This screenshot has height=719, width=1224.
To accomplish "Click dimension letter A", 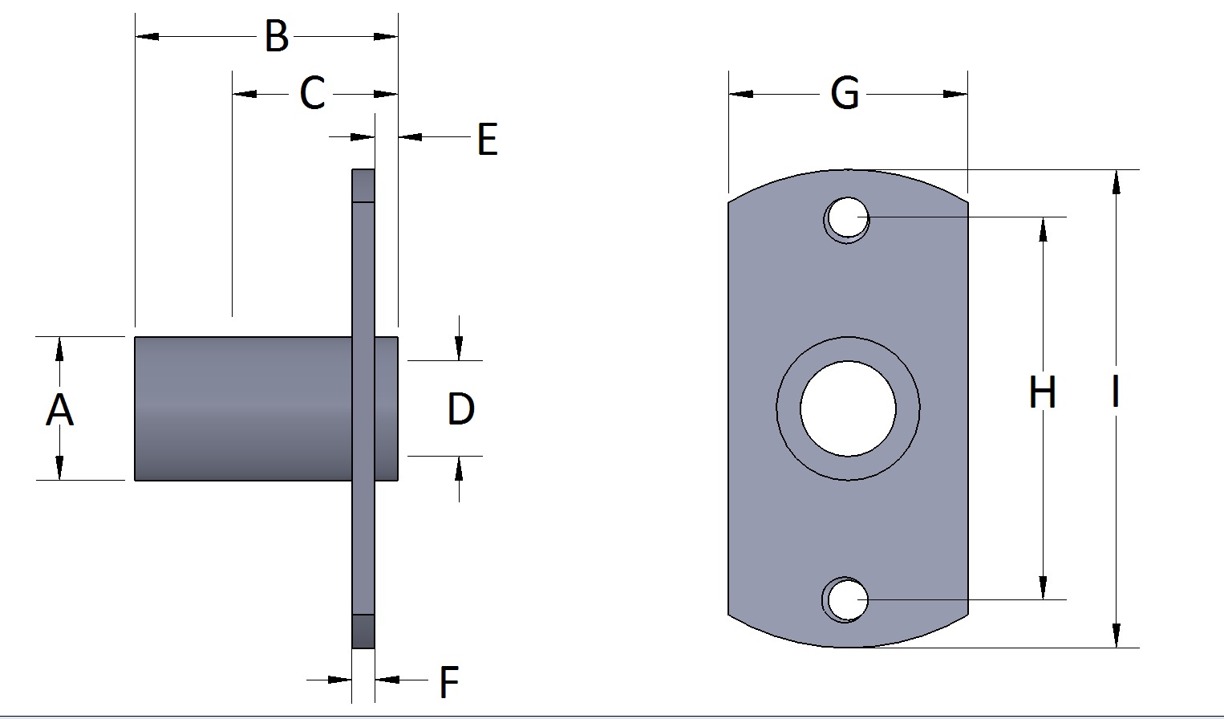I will pyautogui.click(x=59, y=410).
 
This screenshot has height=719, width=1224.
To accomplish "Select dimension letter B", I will pyautogui.click(x=277, y=37).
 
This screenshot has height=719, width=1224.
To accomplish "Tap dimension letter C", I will pyautogui.click(x=312, y=94).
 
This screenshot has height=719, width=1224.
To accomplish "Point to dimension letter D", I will pyautogui.click(x=460, y=409).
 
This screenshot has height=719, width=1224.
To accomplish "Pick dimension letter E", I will pyautogui.click(x=487, y=140).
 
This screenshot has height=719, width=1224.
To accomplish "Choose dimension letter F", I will pyautogui.click(x=448, y=683).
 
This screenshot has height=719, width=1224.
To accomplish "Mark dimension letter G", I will pyautogui.click(x=845, y=94).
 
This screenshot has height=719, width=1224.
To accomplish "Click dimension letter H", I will pyautogui.click(x=1042, y=393).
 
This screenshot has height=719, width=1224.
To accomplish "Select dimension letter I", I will pyautogui.click(x=1115, y=393).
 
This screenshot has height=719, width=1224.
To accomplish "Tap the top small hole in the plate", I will pyautogui.click(x=846, y=217).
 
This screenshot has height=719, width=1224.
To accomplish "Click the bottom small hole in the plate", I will pyautogui.click(x=846, y=599).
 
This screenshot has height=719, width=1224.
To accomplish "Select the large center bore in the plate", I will pyautogui.click(x=848, y=408).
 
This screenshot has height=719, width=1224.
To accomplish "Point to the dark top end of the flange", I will pyautogui.click(x=363, y=185).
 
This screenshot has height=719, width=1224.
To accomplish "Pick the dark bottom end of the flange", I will pyautogui.click(x=363, y=631).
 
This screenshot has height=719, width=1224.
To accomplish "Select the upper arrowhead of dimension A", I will pyautogui.click(x=59, y=350).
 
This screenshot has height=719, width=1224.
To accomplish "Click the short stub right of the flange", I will pyautogui.click(x=386, y=408).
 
